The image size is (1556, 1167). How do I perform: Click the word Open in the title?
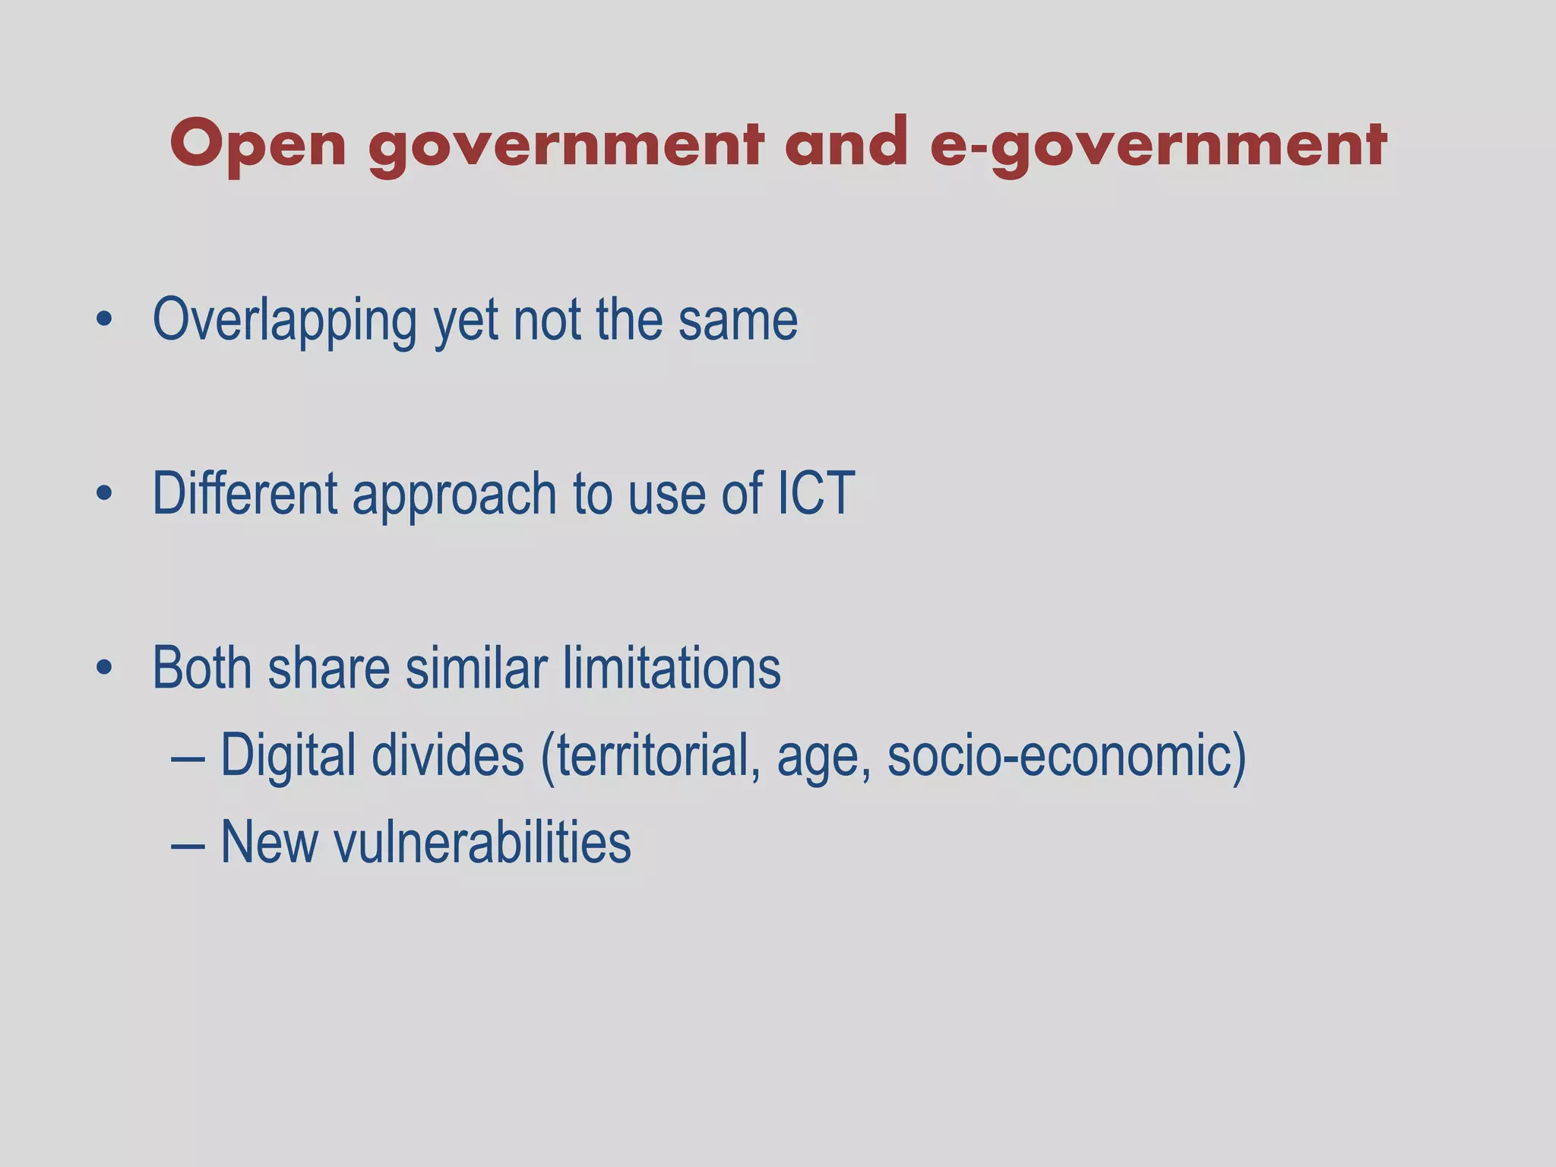[x=258, y=144]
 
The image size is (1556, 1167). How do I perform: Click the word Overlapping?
[x=284, y=321]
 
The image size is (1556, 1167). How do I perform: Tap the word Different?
[x=245, y=494]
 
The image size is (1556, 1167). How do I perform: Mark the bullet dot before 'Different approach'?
[x=105, y=495]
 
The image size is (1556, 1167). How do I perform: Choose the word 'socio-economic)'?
[x=1067, y=757]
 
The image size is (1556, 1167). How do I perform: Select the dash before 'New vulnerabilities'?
[x=187, y=843]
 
